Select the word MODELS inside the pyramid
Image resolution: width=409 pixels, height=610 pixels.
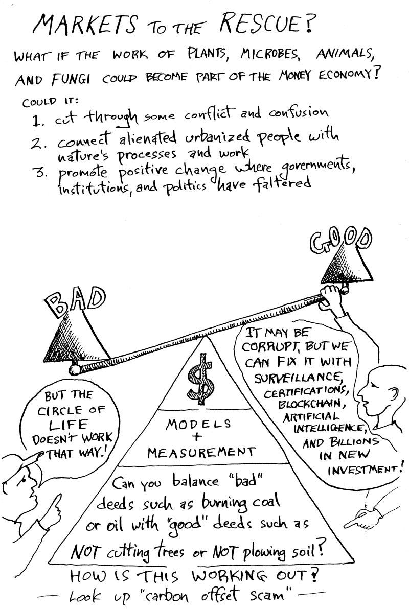click(198, 424)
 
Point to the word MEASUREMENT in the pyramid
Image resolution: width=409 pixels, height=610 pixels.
click(200, 452)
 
